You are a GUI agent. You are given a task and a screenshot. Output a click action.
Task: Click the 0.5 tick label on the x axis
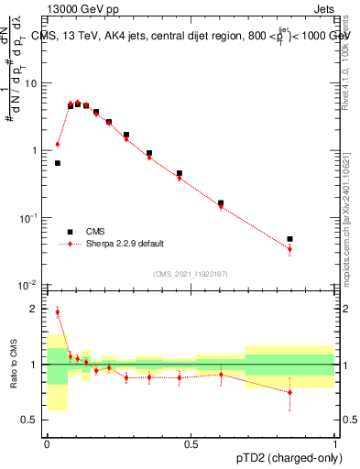[191, 442]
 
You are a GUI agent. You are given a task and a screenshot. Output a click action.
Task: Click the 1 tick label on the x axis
[334, 442]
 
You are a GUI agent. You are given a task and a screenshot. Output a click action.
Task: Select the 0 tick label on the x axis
[48, 442]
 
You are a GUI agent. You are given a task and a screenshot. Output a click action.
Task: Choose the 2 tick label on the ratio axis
[37, 310]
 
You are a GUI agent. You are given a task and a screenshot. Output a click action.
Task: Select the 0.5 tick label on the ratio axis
[32, 420]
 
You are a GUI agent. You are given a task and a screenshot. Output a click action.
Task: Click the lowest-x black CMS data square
[58, 163]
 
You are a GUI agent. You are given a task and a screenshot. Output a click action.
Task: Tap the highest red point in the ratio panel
[58, 312]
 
